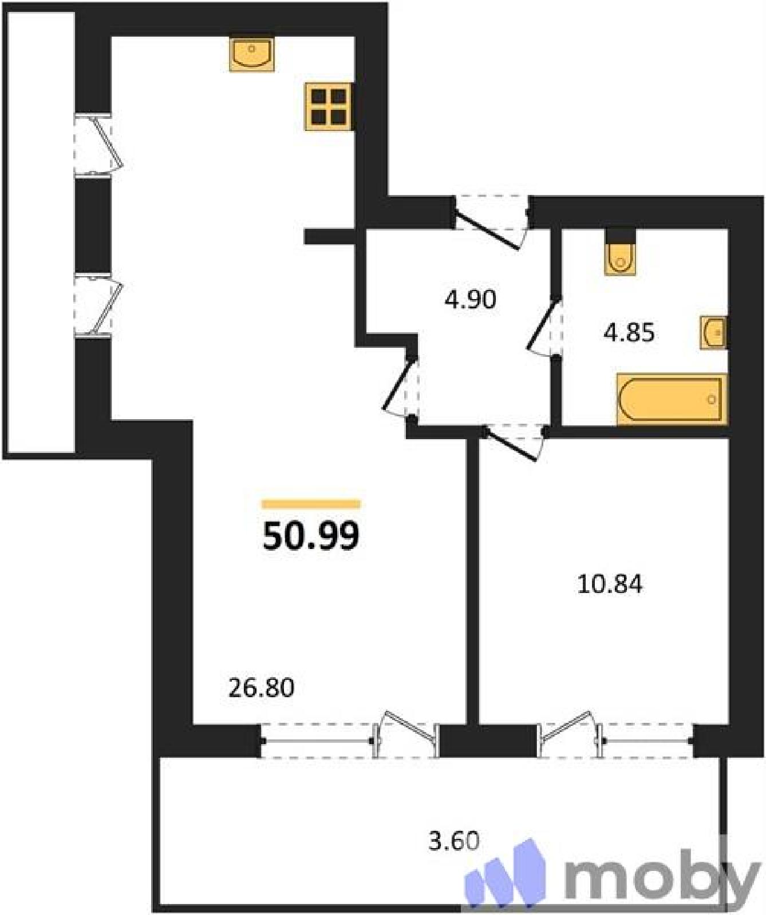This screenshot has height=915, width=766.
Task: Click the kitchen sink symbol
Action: pos(252,54)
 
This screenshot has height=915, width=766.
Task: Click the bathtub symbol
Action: pos(672,399)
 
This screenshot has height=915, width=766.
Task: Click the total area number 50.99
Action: pos(311,536)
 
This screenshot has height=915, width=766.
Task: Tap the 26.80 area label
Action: pos(262,688)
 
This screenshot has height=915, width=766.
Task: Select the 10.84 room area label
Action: pos(610,584)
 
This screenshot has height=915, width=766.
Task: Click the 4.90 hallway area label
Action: pos(471,300)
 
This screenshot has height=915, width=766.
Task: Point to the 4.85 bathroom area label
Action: pos(629,332)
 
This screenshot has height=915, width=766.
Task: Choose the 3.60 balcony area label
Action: pos(454,841)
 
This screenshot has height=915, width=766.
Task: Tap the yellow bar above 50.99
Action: pos(311,504)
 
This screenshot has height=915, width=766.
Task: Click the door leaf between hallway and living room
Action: pos(398,383)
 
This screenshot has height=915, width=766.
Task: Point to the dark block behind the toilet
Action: pos(621,235)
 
